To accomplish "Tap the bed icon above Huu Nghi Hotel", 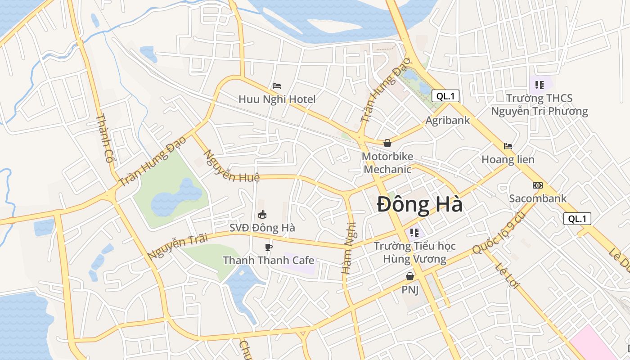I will (277, 86).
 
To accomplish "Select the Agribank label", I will (448, 120).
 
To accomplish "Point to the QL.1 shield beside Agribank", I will (445, 96).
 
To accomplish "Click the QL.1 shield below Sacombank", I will (577, 219).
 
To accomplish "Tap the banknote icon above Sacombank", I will (538, 185).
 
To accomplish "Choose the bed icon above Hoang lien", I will (508, 146).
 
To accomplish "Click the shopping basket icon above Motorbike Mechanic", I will (387, 144).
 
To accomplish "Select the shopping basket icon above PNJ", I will (410, 276).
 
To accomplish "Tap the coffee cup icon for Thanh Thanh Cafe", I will (269, 247).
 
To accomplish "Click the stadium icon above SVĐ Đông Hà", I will (262, 214).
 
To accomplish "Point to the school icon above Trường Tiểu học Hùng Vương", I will (414, 233).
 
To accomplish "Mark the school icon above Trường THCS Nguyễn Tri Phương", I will (540, 85).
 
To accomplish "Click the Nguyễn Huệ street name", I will (232, 166).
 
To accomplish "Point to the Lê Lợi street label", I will (507, 274).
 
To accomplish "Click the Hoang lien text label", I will (508, 159).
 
